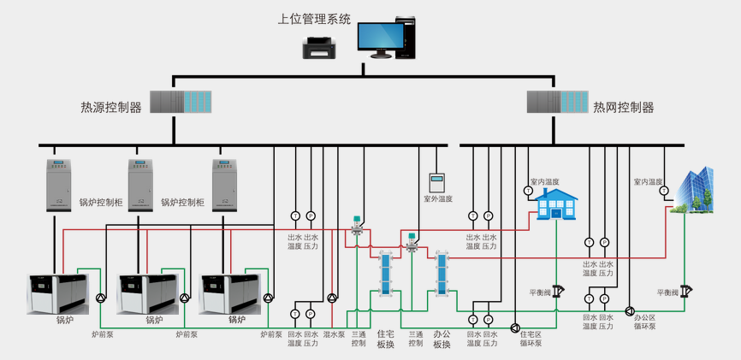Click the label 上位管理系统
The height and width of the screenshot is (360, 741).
[315, 18]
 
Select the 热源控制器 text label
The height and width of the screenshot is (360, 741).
[111, 108]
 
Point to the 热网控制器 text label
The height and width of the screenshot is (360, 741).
[624, 108]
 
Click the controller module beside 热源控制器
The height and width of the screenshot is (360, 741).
[181, 102]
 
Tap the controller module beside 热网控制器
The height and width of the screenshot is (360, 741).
[556, 102]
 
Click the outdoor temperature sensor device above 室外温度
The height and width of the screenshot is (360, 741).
[438, 182]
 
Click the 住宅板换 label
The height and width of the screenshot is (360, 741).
[385, 339]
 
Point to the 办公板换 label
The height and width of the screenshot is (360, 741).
[442, 339]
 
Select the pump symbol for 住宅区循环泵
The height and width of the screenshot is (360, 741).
[515, 328]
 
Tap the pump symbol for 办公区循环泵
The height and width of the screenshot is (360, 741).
[630, 311]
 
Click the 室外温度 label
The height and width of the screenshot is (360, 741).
[438, 199]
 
